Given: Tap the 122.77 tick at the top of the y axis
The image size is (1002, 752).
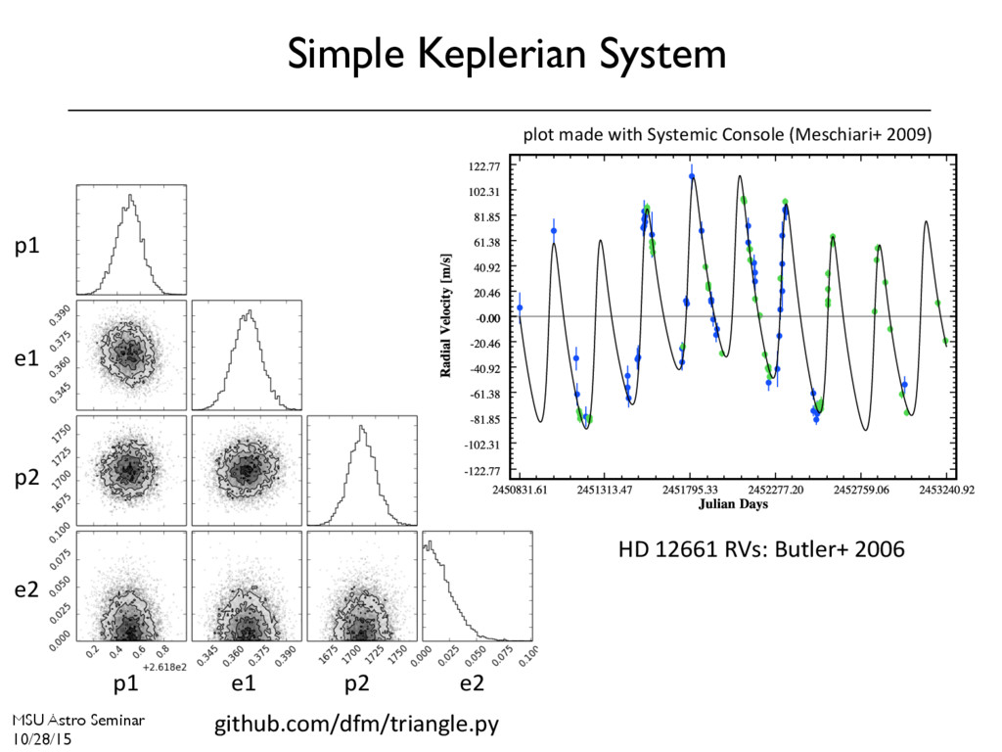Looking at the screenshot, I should [485, 167].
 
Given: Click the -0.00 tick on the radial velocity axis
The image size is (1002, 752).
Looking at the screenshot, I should [486, 318].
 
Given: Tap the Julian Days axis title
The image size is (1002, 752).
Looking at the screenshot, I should [733, 505].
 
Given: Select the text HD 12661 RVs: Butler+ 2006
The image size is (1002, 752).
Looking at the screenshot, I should [761, 550].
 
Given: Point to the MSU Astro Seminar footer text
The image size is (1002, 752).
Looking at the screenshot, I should [78, 720].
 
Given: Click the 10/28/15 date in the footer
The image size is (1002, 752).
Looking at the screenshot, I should [42, 739].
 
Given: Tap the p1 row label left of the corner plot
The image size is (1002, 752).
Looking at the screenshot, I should [26, 247].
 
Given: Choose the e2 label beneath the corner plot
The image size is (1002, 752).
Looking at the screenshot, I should [473, 683].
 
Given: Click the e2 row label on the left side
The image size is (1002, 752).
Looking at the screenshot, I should [26, 589].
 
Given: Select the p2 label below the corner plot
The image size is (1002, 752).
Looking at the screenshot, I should [357, 683].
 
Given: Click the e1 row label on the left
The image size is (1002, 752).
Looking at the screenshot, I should [26, 360].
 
